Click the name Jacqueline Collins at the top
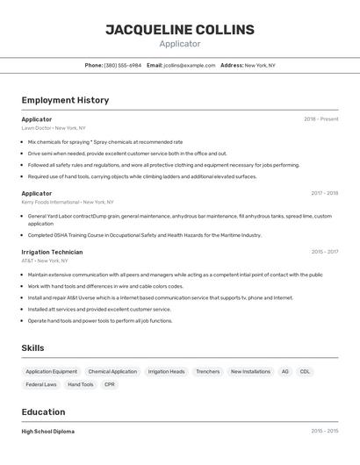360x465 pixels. pyautogui.click(x=180, y=30)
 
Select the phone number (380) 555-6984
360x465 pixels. pyautogui.click(x=122, y=65)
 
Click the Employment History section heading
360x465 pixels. pyautogui.click(x=65, y=100)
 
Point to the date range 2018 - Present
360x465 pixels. pyautogui.click(x=320, y=119)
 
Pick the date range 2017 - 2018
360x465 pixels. pyautogui.click(x=324, y=193)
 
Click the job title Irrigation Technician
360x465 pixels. pyautogui.click(x=52, y=252)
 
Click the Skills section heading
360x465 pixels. pyautogui.click(x=32, y=348)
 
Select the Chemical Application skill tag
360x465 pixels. pyautogui.click(x=112, y=372)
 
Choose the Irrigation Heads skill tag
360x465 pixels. pyautogui.click(x=166, y=372)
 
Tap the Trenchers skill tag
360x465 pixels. pyautogui.click(x=208, y=372)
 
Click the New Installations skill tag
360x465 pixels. pyautogui.click(x=250, y=372)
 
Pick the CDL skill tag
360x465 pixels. pyautogui.click(x=305, y=372)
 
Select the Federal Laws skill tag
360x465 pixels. pyautogui.click(x=41, y=384)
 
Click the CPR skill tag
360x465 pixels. pyautogui.click(x=110, y=384)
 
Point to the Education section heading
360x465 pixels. pyautogui.click(x=43, y=412)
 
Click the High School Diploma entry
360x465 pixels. pyautogui.click(x=48, y=432)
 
